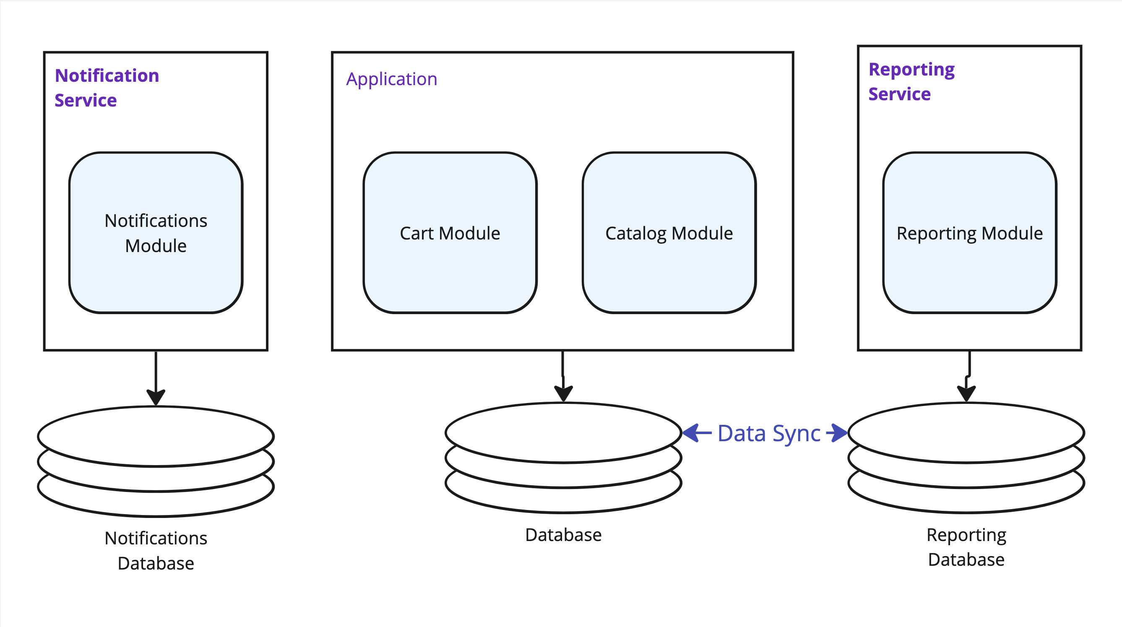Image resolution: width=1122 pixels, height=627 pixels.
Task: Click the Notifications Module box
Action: coord(156,232)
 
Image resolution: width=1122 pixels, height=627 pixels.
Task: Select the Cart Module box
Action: coord(450,232)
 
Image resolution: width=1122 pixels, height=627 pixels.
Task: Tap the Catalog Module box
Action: coord(669,232)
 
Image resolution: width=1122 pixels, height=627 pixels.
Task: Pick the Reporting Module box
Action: coord(970,232)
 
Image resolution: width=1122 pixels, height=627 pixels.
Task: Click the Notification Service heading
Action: coord(107,88)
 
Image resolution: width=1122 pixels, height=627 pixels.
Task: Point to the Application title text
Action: coord(392,79)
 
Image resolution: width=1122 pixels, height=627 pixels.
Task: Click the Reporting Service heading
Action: coord(911,81)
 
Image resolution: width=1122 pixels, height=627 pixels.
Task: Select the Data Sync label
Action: coord(769,434)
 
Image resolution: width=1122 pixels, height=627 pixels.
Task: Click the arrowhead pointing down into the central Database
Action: coord(564,393)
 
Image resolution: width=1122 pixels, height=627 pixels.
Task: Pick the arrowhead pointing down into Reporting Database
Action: coord(966,393)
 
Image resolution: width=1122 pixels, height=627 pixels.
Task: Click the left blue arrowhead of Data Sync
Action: coord(690,433)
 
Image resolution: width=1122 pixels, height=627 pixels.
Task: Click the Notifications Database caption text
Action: coord(156,550)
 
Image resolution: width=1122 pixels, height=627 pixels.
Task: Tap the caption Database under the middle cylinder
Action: coord(564,535)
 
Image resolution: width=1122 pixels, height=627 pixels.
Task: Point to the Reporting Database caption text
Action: coord(966,547)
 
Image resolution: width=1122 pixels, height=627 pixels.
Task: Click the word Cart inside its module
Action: coord(417,233)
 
